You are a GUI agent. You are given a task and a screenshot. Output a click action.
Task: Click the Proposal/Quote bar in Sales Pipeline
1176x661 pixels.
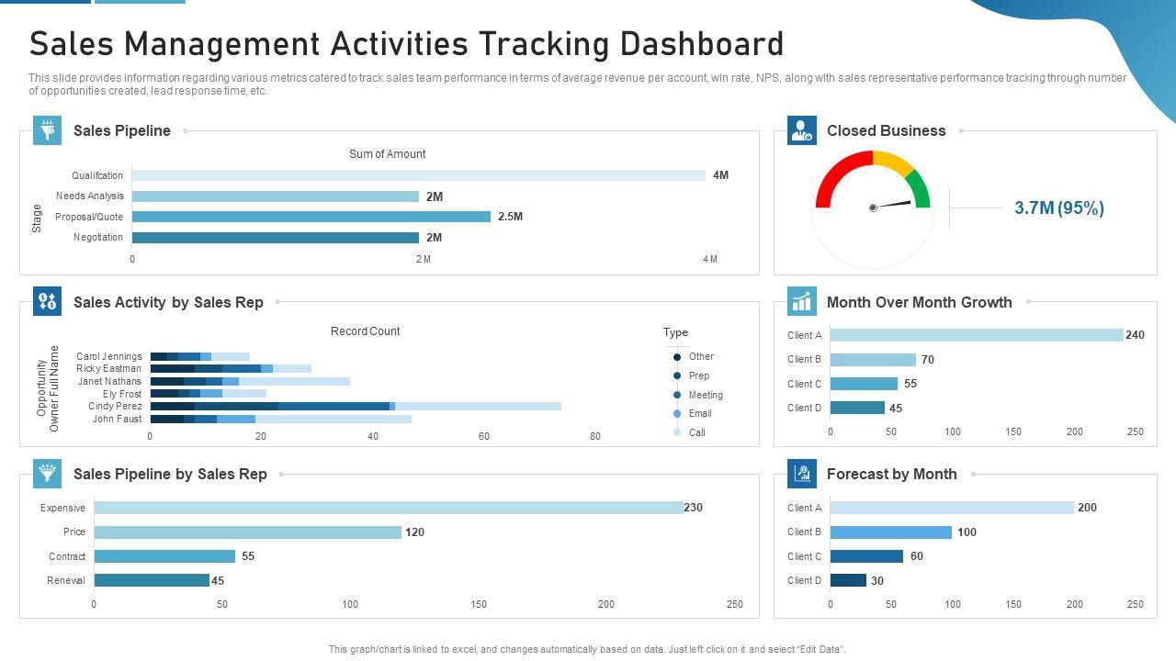[311, 217]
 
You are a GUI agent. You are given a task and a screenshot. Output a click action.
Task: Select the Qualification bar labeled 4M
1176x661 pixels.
[418, 175]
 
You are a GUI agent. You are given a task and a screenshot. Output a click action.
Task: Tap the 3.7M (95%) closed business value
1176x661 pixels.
[1059, 208]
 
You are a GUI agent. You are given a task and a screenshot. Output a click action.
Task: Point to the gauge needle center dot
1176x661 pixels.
[873, 207]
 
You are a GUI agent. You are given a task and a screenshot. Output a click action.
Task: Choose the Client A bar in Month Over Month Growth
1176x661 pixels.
[976, 335]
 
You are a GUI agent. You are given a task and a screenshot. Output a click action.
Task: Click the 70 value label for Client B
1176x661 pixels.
[928, 360]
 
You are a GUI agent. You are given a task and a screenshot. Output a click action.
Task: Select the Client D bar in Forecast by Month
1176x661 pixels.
[848, 580]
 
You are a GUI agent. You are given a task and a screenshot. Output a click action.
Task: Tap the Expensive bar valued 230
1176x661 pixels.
[389, 508]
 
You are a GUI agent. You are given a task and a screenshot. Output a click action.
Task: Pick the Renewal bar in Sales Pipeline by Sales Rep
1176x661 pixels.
[152, 580]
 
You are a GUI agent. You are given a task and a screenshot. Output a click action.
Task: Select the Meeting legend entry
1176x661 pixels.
[705, 395]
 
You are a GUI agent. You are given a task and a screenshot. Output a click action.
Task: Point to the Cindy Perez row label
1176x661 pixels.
[116, 406]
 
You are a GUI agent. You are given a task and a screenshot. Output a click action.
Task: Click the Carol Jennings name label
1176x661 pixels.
[109, 356]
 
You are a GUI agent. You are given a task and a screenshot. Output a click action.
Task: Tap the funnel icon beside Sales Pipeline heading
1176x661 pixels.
[48, 130]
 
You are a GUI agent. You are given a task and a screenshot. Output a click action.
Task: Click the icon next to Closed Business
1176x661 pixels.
[802, 130]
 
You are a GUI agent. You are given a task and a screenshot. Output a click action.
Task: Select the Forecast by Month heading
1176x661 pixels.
[891, 474]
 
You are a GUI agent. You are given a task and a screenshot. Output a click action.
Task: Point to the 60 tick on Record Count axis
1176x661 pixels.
[484, 436]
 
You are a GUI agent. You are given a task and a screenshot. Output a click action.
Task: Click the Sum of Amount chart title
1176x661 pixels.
[387, 154]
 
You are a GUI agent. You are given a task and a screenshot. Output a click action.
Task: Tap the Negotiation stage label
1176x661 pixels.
[98, 238]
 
